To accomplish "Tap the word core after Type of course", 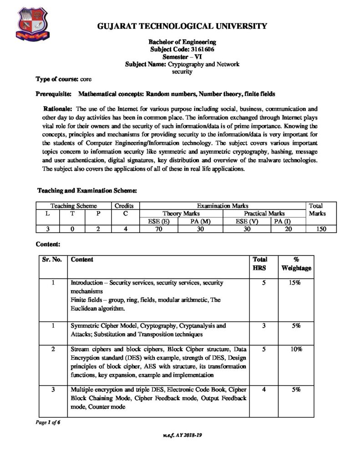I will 86,79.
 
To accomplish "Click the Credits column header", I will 124,206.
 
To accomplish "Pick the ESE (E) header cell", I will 159,221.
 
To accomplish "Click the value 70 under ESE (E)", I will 159,229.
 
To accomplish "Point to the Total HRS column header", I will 260,263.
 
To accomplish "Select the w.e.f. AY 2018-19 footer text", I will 181,435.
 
